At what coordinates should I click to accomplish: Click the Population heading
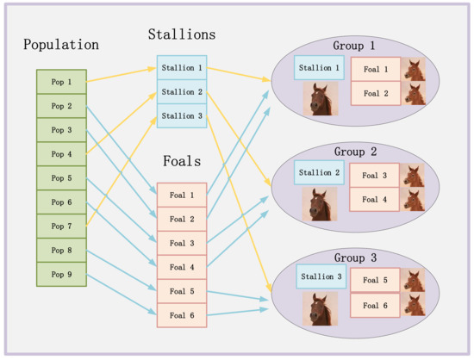pyautogui.click(x=61, y=45)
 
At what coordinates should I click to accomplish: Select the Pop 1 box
pyautogui.click(x=61, y=82)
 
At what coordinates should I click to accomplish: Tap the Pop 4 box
pyautogui.click(x=61, y=154)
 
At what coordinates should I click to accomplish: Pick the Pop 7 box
pyautogui.click(x=61, y=227)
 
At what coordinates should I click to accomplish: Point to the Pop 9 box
pyautogui.click(x=61, y=275)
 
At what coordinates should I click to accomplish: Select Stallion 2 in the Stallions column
pyautogui.click(x=182, y=91)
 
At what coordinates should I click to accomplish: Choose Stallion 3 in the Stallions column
pyautogui.click(x=182, y=115)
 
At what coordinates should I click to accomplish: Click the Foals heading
pyautogui.click(x=181, y=160)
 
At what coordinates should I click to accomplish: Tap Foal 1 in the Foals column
pyautogui.click(x=182, y=196)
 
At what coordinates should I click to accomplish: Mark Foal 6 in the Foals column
pyautogui.click(x=182, y=315)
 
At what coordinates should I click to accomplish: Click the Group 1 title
pyautogui.click(x=354, y=45)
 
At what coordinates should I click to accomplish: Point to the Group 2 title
pyautogui.click(x=355, y=152)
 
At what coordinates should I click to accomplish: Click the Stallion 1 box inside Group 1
pyautogui.click(x=320, y=68)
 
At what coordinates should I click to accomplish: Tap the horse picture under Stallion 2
pyautogui.click(x=320, y=205)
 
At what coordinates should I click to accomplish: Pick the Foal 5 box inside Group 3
pyautogui.click(x=375, y=280)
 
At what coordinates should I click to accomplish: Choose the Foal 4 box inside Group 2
pyautogui.click(x=375, y=200)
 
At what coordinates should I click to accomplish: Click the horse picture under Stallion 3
pyautogui.click(x=320, y=307)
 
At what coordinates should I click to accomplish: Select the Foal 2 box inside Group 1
pyautogui.click(x=375, y=93)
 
